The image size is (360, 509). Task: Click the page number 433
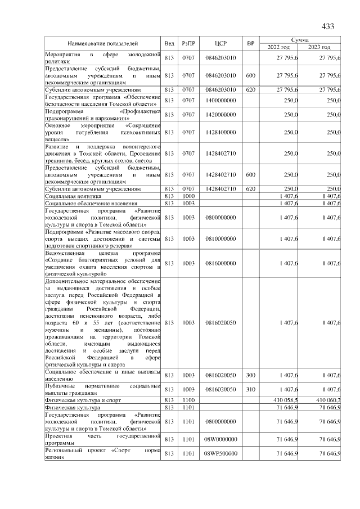point(327,26)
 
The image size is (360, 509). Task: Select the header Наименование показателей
point(103,43)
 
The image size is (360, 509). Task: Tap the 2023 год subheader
point(320,47)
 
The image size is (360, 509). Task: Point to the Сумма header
point(299,40)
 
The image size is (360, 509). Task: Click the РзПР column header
point(188,43)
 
